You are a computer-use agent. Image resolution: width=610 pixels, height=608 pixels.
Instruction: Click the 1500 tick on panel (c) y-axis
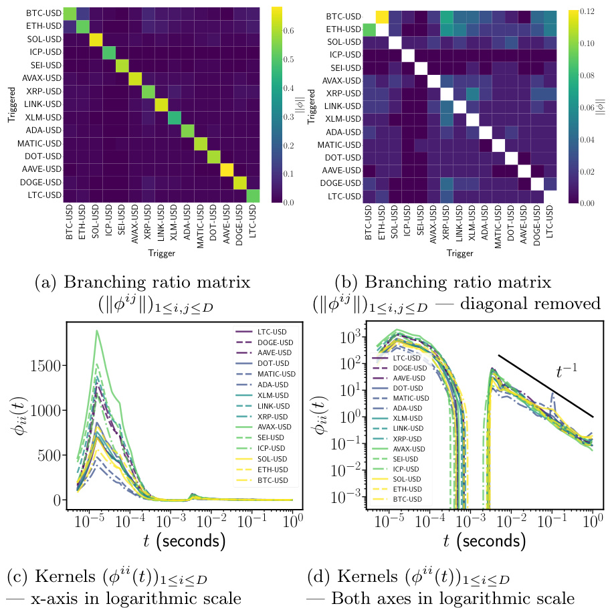pos(49,365)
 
